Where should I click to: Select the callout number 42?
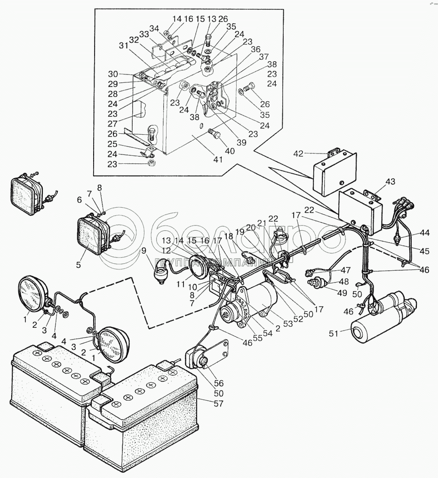pos(298,153)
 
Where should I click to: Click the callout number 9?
pos(144,251)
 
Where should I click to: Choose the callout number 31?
pos(123,45)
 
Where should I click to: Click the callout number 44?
pos(425,232)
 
